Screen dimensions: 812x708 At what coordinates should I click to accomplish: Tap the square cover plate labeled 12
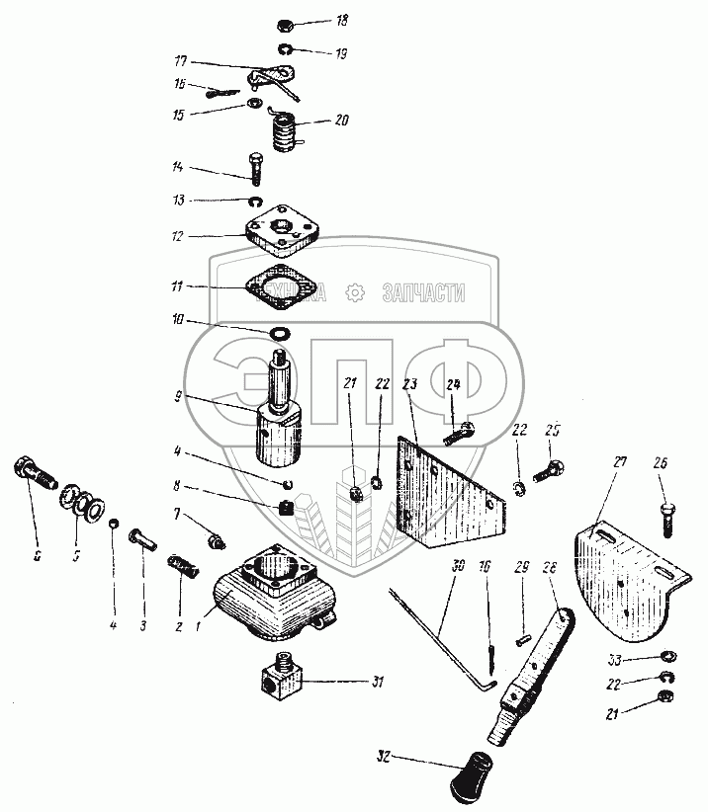[x=281, y=229]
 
